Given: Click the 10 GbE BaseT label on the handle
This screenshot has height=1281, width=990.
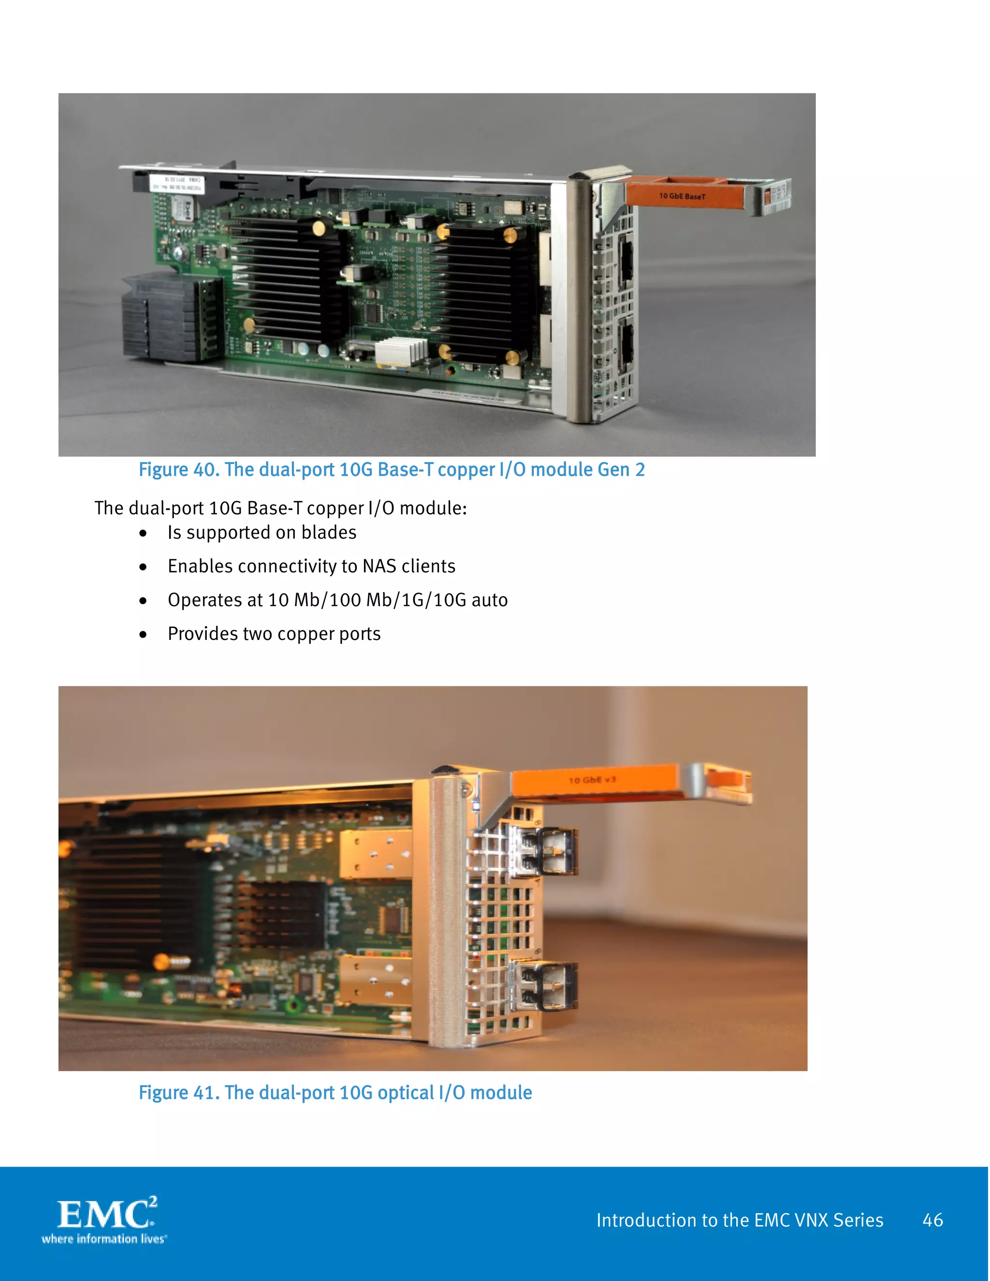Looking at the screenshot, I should pos(682,196).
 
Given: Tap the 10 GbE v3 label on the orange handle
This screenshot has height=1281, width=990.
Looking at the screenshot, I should pos(592,780).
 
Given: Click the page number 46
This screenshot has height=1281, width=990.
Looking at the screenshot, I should pos(932,1220).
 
